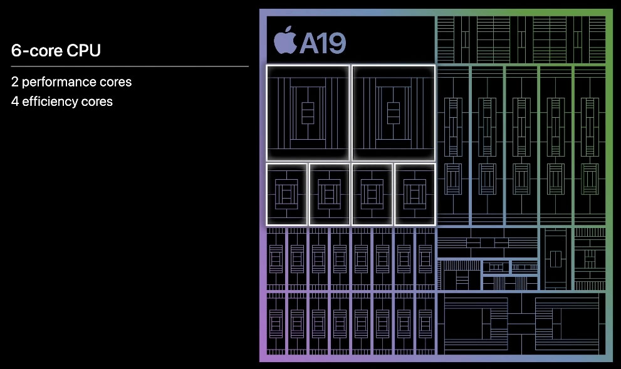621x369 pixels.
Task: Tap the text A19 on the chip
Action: (322, 43)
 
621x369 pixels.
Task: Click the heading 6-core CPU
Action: (56, 51)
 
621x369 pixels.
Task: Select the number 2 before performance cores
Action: (14, 82)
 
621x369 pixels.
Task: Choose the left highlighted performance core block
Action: (307, 113)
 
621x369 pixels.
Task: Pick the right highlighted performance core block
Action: (393, 113)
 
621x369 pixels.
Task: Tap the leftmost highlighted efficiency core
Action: (286, 194)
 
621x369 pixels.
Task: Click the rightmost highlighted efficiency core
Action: (414, 194)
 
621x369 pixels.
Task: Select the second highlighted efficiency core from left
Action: (329, 194)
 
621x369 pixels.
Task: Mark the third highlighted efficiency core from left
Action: (372, 194)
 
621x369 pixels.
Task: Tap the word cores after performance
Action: (115, 82)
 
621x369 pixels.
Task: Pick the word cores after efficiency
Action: (97, 101)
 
